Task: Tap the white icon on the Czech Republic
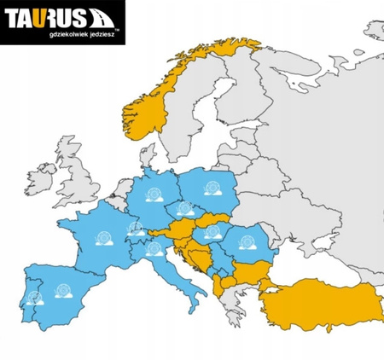pyautogui.click(x=184, y=208)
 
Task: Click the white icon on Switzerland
pyautogui.click(x=135, y=228)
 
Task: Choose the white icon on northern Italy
pyautogui.click(x=154, y=249)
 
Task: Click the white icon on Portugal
pyautogui.click(x=34, y=298)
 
